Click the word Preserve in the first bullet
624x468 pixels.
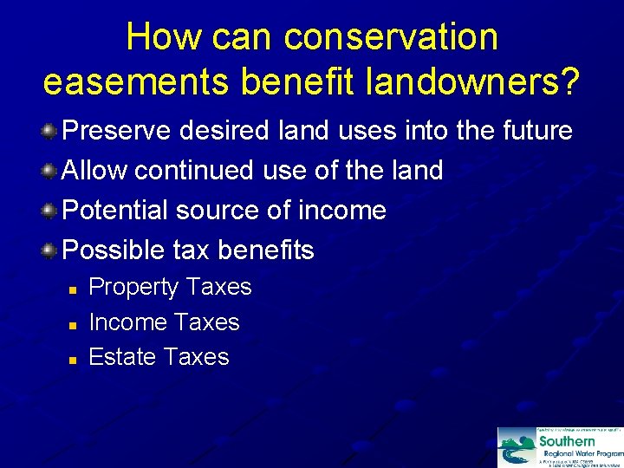(x=120, y=131)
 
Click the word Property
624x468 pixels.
(x=133, y=288)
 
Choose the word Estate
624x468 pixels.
(x=122, y=357)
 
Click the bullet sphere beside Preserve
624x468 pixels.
(x=49, y=132)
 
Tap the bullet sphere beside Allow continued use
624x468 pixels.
(x=49, y=171)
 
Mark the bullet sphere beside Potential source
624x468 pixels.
(x=49, y=211)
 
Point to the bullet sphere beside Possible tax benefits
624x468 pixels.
(x=49, y=250)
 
